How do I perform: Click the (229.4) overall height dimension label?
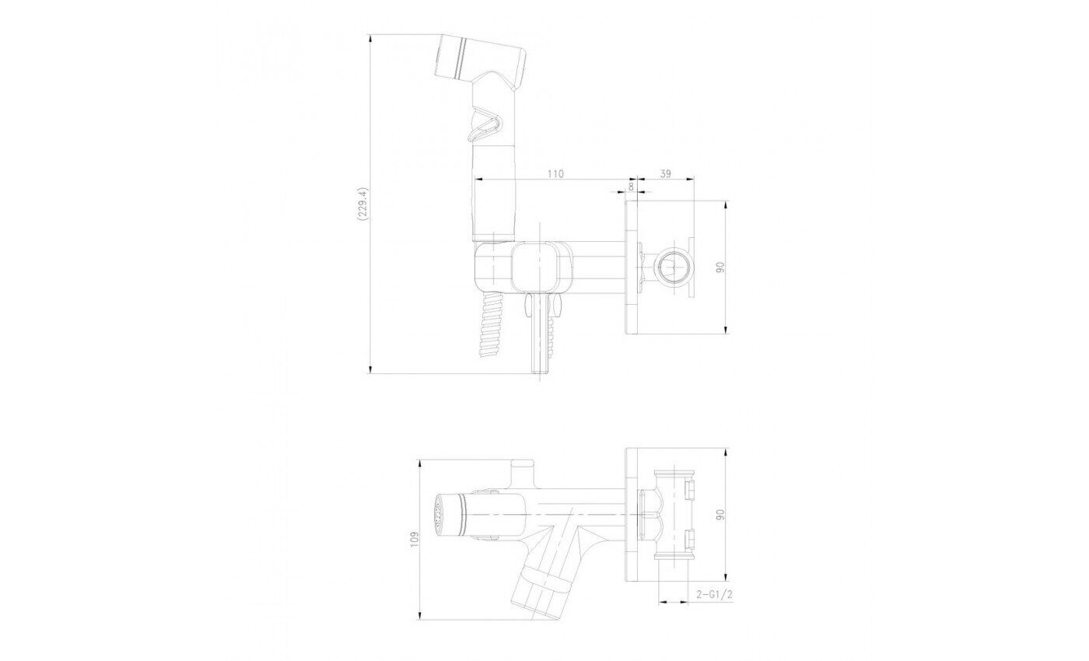(x=362, y=204)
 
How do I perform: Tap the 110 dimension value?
(x=555, y=173)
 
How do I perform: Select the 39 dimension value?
(x=666, y=173)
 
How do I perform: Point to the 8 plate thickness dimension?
(x=631, y=186)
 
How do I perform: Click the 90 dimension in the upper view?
(x=720, y=267)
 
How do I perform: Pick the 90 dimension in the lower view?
(x=720, y=514)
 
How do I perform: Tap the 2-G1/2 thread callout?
(x=714, y=593)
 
